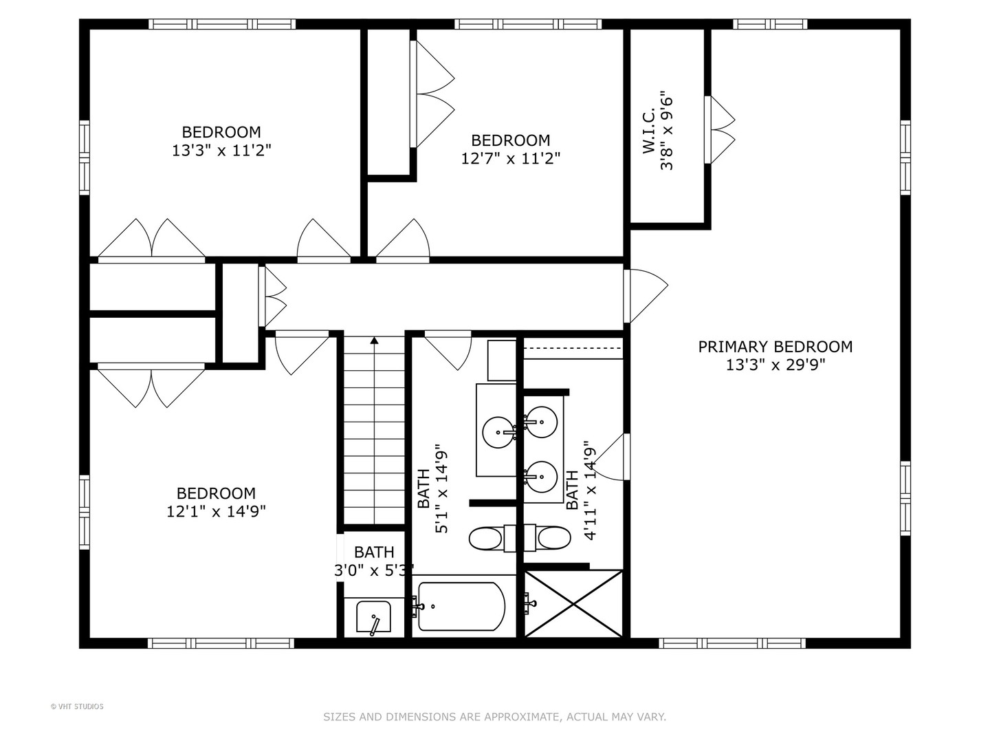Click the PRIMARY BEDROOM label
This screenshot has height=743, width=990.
click(775, 347)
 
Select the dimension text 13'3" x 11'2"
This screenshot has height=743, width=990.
click(221, 150)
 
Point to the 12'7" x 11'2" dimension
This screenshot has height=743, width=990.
click(510, 158)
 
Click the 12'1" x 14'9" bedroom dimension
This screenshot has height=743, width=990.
click(216, 511)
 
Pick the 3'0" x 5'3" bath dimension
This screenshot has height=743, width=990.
click(374, 570)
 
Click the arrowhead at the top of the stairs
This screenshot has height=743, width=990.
click(374, 340)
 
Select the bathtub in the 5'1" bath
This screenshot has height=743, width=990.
click(461, 606)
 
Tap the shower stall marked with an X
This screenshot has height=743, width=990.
click(573, 603)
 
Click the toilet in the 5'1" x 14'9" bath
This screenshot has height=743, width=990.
click(487, 538)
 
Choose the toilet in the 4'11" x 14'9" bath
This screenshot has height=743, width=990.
click(553, 538)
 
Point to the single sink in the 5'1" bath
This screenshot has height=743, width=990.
click(498, 432)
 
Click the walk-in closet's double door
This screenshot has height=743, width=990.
click(720, 129)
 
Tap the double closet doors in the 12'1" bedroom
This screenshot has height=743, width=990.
click(151, 385)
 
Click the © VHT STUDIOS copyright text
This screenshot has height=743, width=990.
click(77, 707)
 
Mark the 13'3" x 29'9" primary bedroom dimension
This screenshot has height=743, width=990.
click(775, 365)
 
